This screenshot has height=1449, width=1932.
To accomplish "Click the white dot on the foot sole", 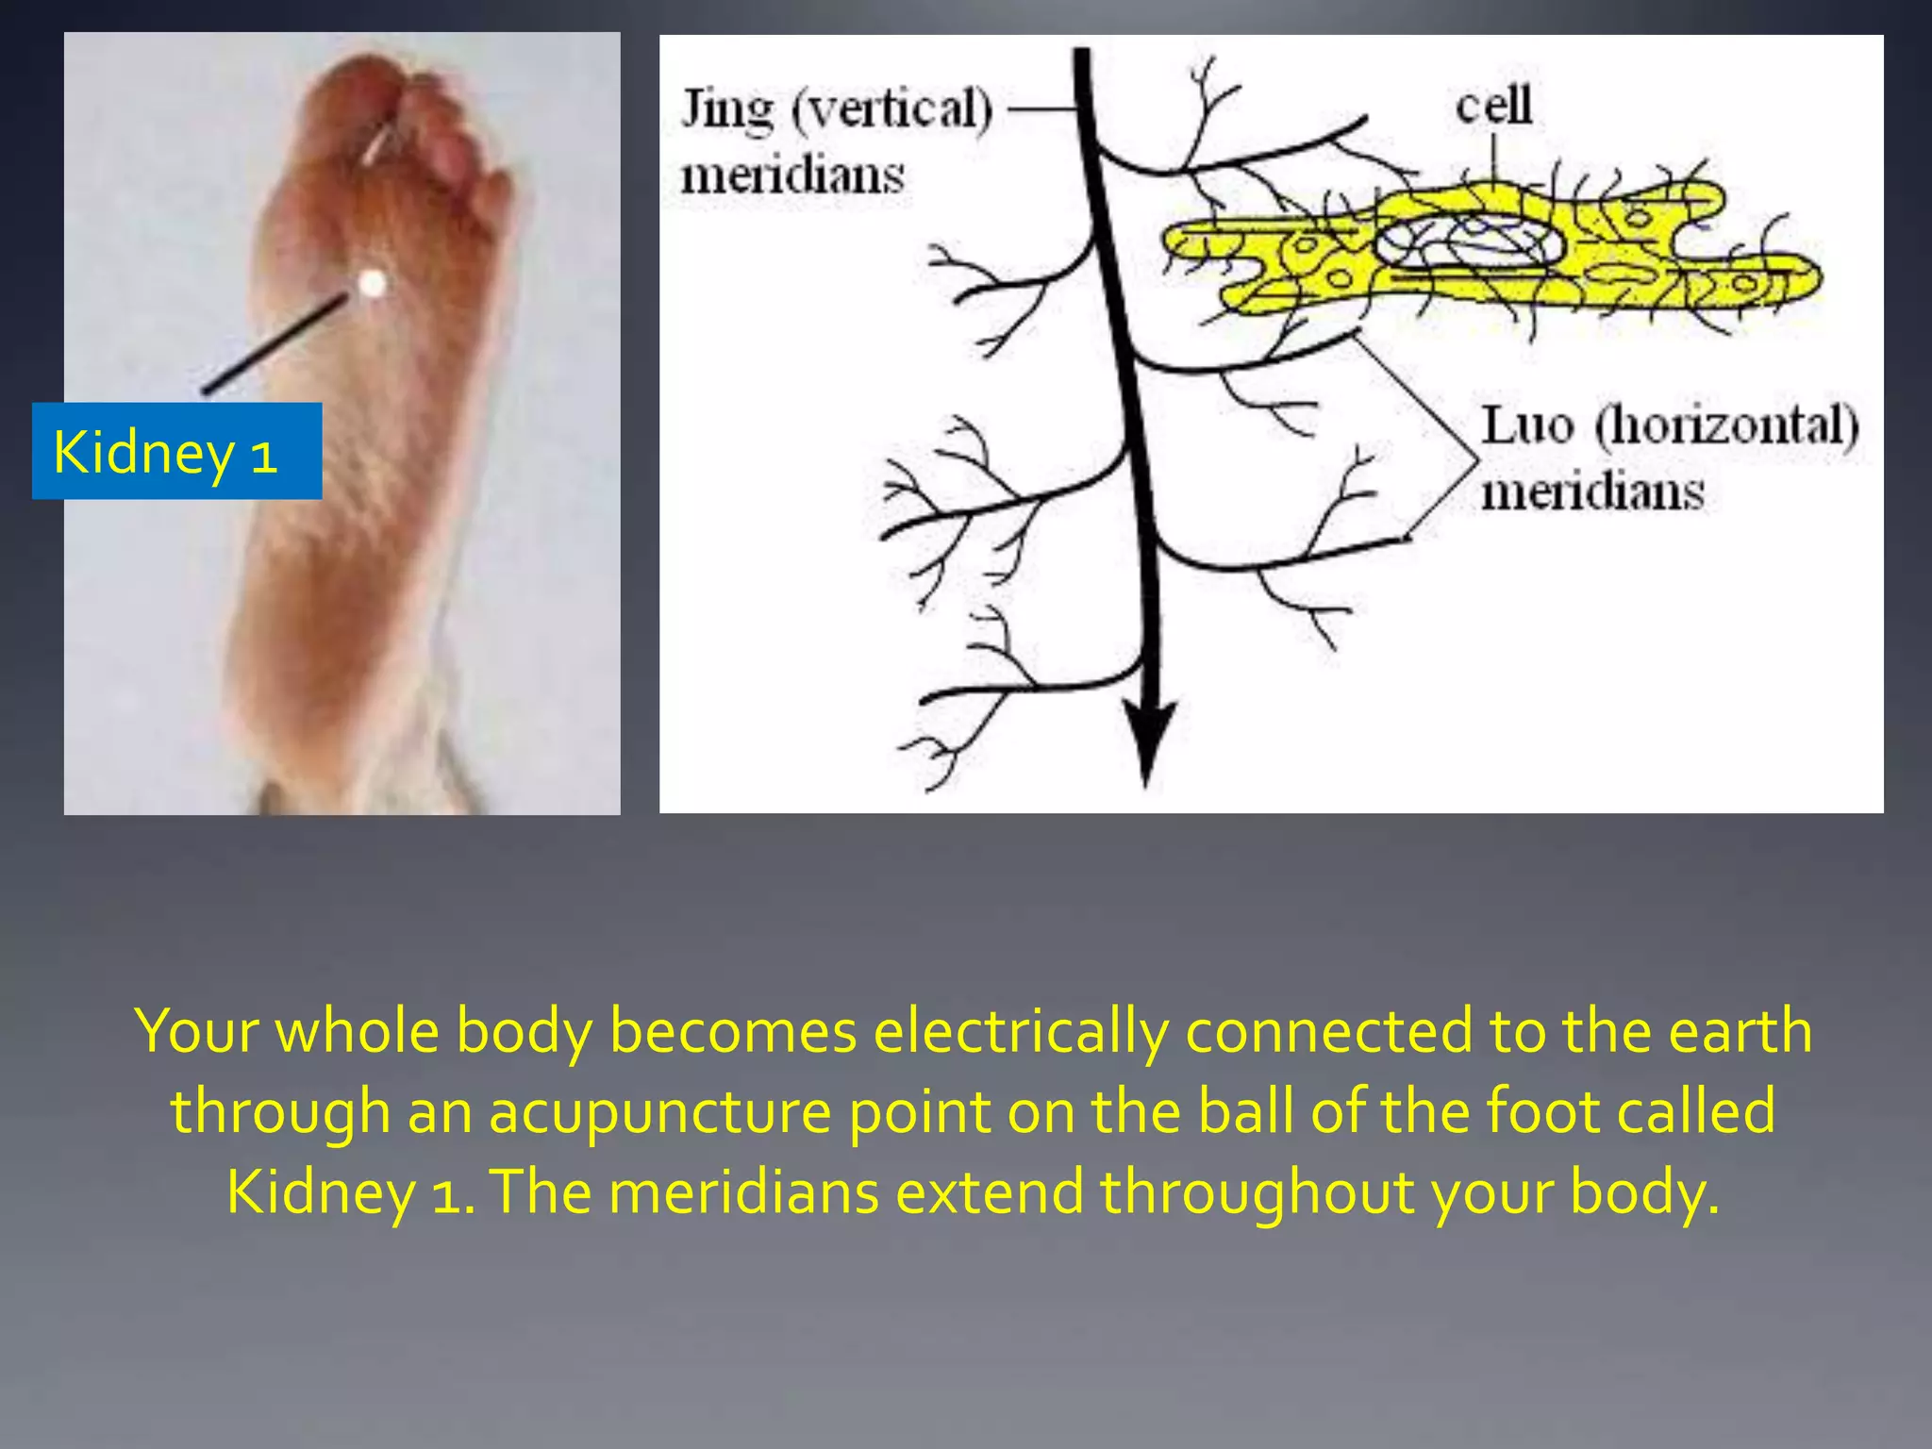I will (373, 282).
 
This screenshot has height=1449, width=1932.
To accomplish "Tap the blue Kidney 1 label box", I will (176, 451).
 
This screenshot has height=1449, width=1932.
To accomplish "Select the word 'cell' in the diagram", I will (1493, 105).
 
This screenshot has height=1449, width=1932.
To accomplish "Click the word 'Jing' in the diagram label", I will (727, 110).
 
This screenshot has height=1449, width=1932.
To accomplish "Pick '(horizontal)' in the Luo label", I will (1726, 425).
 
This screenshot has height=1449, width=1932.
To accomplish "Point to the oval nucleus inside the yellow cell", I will (1467, 241).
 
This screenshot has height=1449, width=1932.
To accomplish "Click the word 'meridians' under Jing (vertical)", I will (792, 175).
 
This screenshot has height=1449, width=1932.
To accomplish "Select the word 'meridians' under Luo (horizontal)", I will (1592, 492).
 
